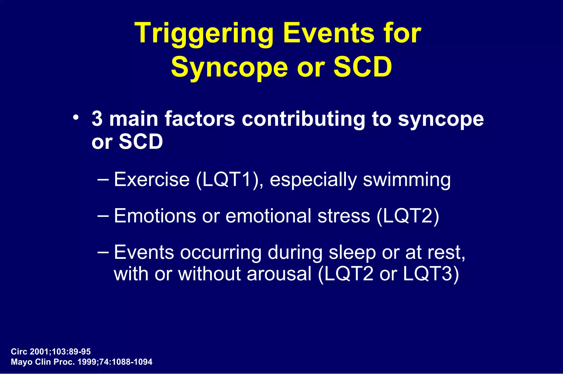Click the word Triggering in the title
coord(204,34)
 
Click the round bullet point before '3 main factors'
coord(76,118)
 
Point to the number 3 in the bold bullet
coord(97,119)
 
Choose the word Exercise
coord(152,180)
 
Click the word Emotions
coord(155,216)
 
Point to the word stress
coord(344,216)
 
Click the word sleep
coord(352,253)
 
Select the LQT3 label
coord(428,274)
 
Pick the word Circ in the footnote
coord(19,352)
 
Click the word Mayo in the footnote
coord(21,362)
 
